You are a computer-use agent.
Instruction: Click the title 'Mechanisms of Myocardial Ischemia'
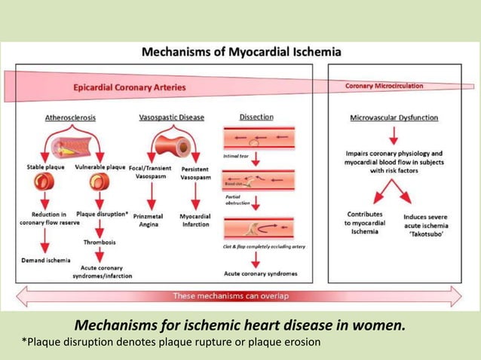(241, 53)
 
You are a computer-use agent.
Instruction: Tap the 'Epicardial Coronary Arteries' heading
(129, 87)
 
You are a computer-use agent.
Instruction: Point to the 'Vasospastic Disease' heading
(171, 117)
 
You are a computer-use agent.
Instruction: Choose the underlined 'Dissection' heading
(256, 117)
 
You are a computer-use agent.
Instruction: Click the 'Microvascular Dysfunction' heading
(394, 117)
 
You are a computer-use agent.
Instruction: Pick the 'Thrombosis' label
(100, 242)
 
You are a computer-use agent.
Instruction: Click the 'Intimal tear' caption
(235, 157)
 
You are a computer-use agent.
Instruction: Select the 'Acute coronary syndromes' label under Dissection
(261, 273)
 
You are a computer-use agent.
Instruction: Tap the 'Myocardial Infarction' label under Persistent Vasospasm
(196, 219)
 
